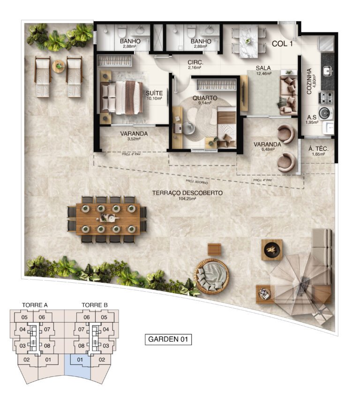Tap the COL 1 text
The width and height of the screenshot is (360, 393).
click(x=282, y=44)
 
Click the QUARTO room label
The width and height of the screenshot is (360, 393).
click(x=204, y=99)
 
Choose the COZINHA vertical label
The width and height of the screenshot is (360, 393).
click(x=309, y=82)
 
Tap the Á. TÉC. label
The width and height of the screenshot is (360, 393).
click(x=319, y=151)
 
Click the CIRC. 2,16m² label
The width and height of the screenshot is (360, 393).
click(x=195, y=65)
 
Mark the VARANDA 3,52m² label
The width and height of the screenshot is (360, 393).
click(x=134, y=136)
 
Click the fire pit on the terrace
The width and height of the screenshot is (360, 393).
click(x=272, y=249)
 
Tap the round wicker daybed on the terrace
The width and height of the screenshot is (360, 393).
click(x=212, y=275)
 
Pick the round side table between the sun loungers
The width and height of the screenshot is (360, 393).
click(x=59, y=66)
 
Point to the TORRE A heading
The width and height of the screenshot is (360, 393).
click(x=35, y=305)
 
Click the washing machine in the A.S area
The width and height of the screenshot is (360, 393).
click(x=327, y=113)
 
